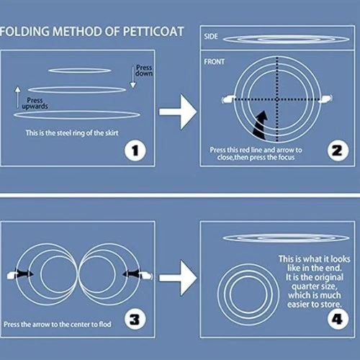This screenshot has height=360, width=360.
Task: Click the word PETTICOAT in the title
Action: tap(153, 32)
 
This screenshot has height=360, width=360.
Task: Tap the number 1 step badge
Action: tap(135, 150)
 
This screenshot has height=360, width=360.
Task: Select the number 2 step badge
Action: tap(338, 150)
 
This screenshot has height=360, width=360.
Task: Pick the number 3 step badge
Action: tap(135, 319)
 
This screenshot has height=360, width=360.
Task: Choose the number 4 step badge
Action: tap(338, 319)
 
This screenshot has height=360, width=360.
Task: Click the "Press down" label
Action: tap(144, 71)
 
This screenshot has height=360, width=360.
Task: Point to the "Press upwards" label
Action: tap(35, 103)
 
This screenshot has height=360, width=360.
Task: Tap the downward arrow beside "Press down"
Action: tap(133, 77)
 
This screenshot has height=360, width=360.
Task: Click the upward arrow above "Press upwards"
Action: tap(17, 97)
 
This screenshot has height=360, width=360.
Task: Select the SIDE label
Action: tap(211, 37)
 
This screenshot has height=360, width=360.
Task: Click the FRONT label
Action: tap(215, 62)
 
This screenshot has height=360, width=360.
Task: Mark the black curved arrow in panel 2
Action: tap(260, 125)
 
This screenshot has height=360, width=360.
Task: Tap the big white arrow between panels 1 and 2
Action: tap(178, 112)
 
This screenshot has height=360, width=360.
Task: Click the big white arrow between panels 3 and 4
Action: tap(178, 278)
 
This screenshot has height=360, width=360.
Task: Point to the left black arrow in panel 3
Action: tap(24, 274)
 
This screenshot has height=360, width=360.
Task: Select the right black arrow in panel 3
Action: tap(132, 274)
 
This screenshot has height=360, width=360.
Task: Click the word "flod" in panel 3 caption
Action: tap(105, 324)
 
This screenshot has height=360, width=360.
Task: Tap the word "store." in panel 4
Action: tap(329, 305)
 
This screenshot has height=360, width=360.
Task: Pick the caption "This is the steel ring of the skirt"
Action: tap(72, 133)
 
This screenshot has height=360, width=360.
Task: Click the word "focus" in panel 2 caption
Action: tap(287, 158)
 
